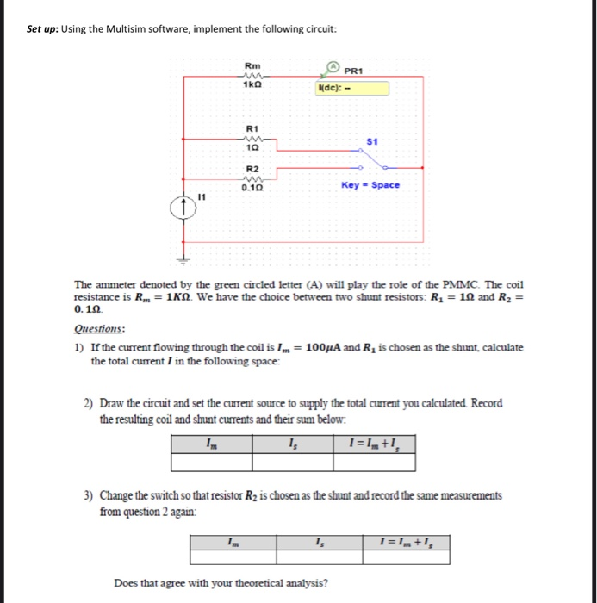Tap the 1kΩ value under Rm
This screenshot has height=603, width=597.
[251, 85]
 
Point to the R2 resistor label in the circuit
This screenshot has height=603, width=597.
[252, 169]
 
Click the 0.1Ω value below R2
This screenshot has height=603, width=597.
[252, 187]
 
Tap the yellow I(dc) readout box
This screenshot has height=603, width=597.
[351, 88]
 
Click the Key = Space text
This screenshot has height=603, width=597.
[370, 185]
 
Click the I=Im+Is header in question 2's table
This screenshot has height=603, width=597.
[378, 444]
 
